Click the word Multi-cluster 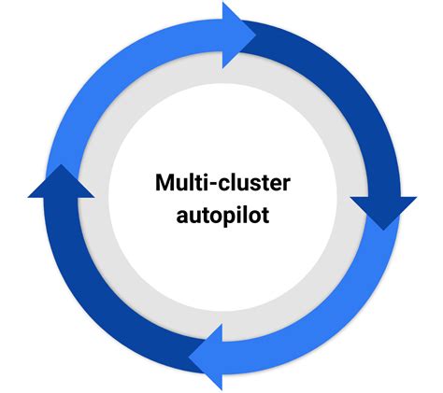click(222, 183)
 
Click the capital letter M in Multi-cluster click(165, 183)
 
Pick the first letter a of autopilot click(183, 217)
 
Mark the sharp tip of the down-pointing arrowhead click(382, 229)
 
